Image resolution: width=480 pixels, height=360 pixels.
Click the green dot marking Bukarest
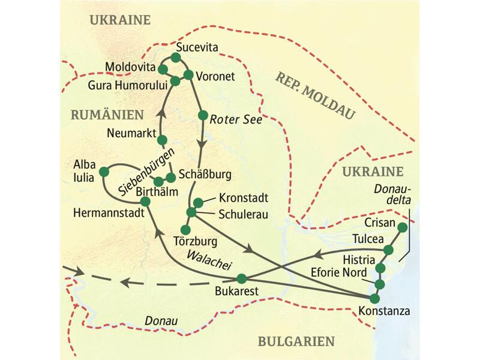(x=242, y=278)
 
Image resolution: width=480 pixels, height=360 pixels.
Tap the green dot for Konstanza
(x=375, y=298)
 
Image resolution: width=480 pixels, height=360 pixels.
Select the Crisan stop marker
(x=402, y=227)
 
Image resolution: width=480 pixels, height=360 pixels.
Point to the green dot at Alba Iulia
(x=103, y=170)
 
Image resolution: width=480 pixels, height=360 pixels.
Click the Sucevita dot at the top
(x=176, y=58)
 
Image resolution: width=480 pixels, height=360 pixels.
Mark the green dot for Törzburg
(x=185, y=229)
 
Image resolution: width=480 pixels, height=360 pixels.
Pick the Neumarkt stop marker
(x=161, y=140)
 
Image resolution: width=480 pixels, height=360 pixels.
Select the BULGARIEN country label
(x=296, y=341)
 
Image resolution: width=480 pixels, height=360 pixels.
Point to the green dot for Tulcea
(x=389, y=250)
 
